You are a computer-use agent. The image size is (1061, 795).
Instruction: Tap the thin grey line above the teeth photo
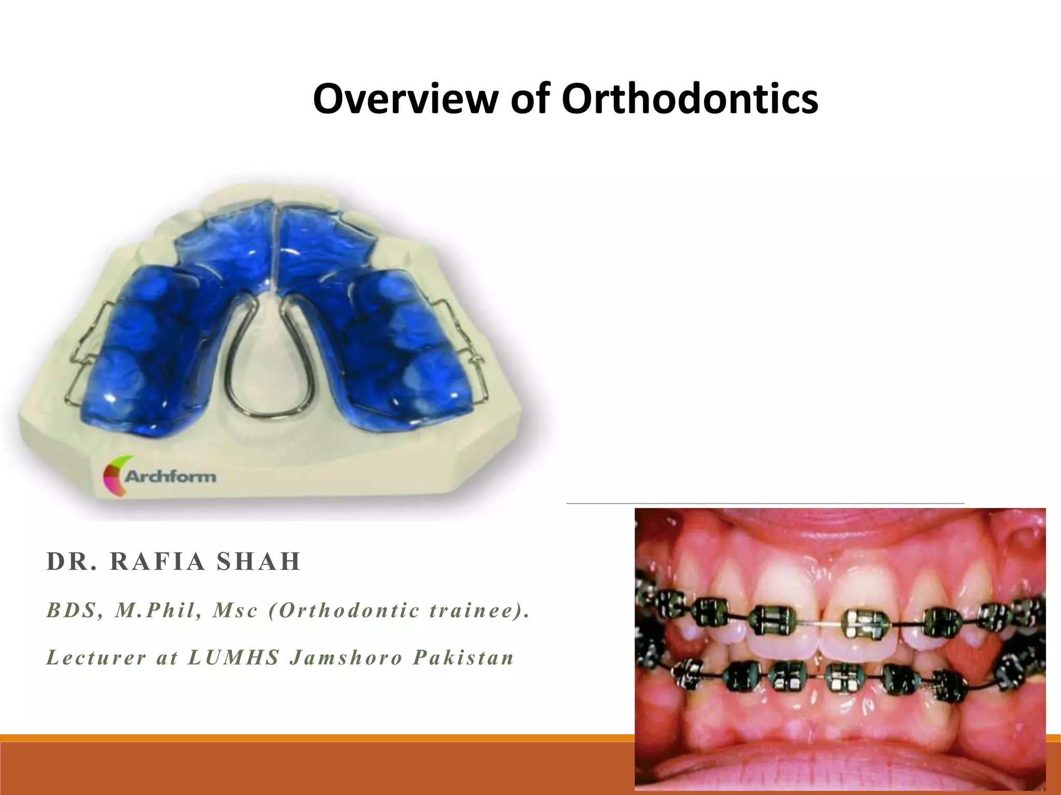click(765, 503)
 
